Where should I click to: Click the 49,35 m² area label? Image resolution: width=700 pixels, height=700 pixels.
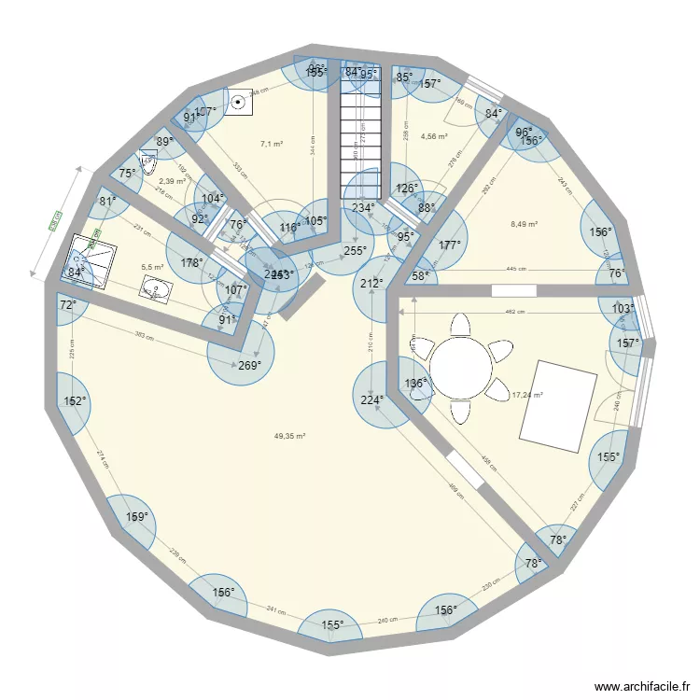pos(290,436)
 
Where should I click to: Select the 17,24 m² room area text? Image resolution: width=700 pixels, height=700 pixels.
pos(527,395)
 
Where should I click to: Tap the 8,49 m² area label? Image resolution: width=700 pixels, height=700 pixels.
pos(525,223)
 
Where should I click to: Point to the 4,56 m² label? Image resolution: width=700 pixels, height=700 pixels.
pos(434,136)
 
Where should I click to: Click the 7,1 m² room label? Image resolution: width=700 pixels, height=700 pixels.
pos(271,145)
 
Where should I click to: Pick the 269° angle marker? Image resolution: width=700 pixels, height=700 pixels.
pos(249,366)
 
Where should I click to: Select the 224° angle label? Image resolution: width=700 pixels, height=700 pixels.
pos(372,400)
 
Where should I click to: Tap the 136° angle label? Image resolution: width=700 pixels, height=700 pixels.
pos(415,383)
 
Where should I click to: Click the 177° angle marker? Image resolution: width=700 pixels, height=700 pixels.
pos(451,245)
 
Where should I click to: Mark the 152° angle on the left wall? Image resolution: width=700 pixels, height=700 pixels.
pos(75,401)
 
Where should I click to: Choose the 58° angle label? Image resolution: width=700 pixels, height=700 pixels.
pos(421,275)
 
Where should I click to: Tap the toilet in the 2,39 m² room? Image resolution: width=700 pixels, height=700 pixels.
pos(147,158)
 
